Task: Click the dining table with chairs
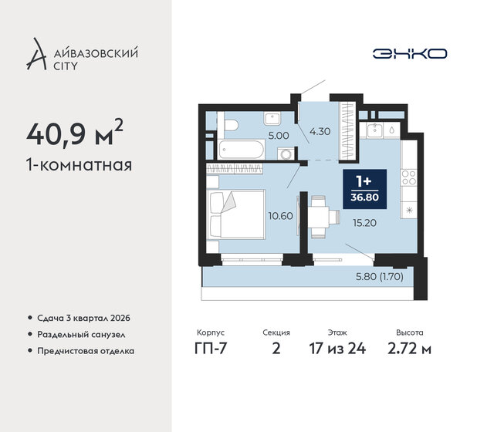320,211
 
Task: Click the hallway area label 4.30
319,132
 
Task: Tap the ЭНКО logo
409,53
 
